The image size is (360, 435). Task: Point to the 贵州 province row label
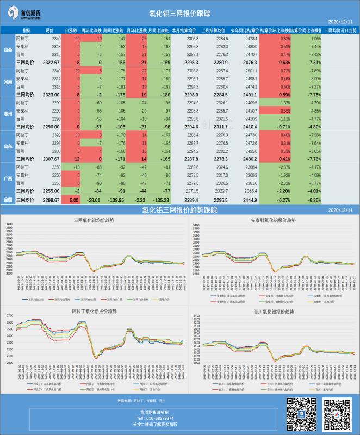click(8, 114)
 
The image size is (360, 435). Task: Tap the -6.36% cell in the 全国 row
click(313, 200)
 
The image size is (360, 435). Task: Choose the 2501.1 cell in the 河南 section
click(251, 71)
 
